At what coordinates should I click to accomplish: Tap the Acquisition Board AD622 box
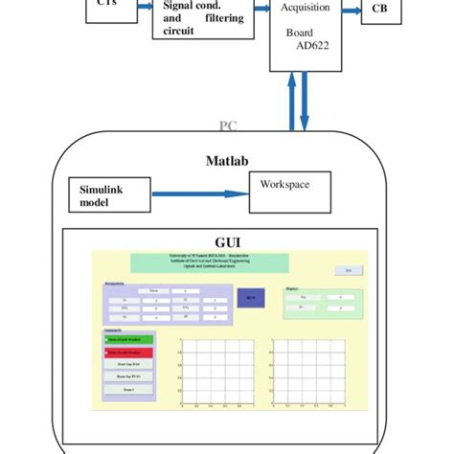306,34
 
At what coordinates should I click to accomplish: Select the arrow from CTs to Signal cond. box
139,9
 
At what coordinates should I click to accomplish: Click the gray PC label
228,125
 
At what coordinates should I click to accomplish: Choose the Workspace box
292,184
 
